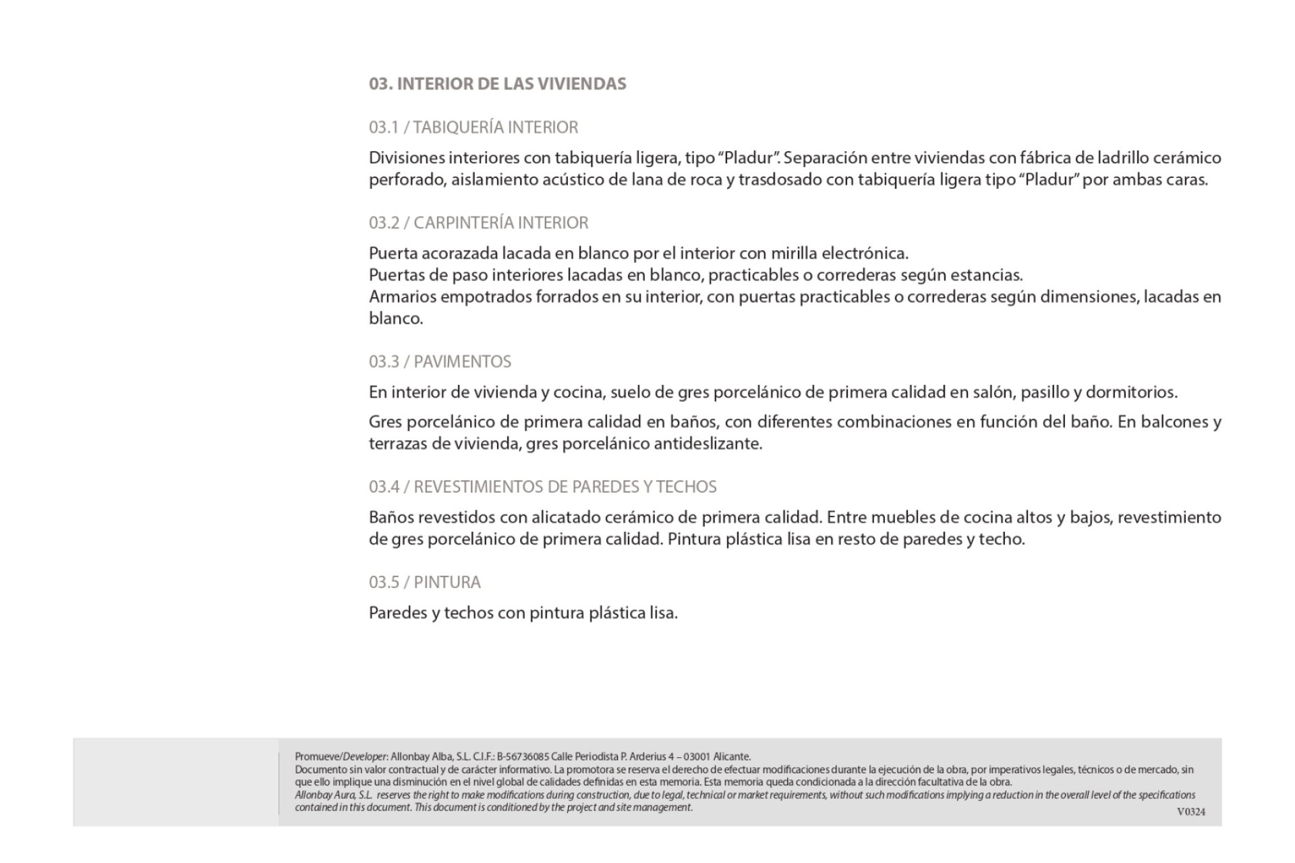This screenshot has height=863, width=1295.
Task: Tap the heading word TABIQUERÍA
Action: pyautogui.click(x=458, y=127)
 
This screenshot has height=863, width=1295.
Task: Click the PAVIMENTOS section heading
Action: pyautogui.click(x=462, y=361)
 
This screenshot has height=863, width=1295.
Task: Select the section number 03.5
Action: pyautogui.click(x=384, y=582)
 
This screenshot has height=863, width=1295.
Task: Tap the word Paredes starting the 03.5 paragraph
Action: pyautogui.click(x=398, y=613)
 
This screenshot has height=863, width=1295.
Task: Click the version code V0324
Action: pyautogui.click(x=1190, y=812)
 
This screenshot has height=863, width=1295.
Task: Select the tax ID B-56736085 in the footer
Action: pyautogui.click(x=523, y=756)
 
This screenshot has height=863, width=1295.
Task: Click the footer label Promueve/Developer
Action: pyautogui.click(x=341, y=756)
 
